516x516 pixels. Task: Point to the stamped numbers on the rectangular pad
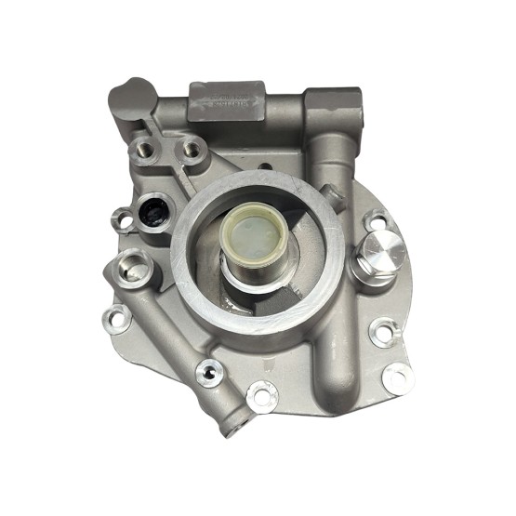click(227, 101)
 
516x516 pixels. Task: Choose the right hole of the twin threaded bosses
click(192, 148)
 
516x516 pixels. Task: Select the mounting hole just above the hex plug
click(376, 220)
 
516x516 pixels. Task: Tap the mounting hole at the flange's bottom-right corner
click(398, 377)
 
